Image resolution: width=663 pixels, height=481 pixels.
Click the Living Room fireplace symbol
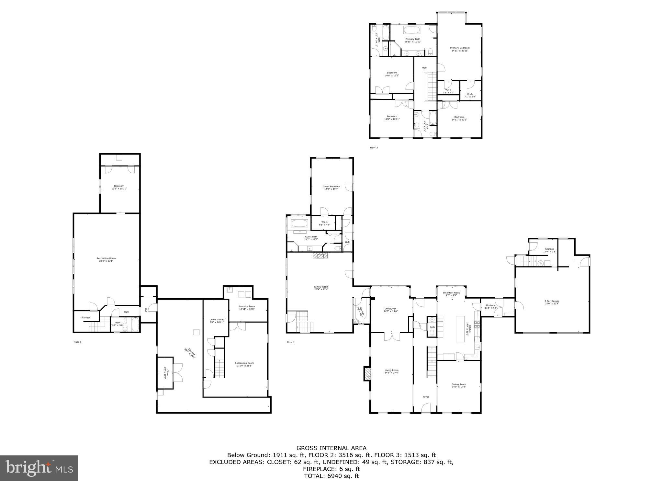[x=367, y=373]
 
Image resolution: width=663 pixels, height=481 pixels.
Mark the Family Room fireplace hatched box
[x=320, y=256]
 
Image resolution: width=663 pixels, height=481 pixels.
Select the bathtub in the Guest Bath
[x=300, y=223]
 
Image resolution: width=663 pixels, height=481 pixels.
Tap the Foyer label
[x=426, y=397]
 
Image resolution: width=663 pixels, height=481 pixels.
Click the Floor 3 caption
[x=374, y=148]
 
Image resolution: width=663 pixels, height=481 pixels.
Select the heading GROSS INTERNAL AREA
[x=331, y=448]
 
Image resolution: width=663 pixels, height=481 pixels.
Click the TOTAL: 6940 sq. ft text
[x=331, y=476]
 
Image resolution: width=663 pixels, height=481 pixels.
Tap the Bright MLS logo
[x=39, y=468]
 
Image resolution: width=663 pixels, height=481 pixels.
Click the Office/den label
[x=390, y=310]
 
